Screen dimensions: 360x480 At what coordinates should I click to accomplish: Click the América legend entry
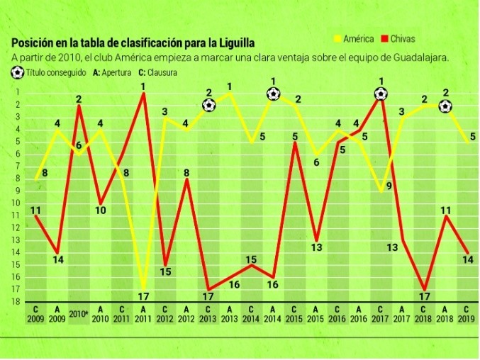(x=354, y=39)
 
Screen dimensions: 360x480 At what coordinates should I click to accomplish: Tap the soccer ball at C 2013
(x=208, y=106)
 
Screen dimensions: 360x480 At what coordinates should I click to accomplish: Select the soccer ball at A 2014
(x=274, y=94)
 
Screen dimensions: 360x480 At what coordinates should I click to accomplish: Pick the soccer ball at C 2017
(x=381, y=94)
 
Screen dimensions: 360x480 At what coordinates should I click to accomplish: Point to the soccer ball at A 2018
(x=445, y=106)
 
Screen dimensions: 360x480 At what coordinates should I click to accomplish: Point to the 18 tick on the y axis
(x=13, y=301)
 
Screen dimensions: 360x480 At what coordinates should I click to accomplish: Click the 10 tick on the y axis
(x=13, y=203)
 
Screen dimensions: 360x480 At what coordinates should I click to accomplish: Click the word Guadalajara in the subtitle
(x=415, y=57)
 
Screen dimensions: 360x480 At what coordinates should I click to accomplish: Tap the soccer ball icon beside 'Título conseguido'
(x=17, y=72)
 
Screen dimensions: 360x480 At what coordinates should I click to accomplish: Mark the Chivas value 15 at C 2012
(x=165, y=271)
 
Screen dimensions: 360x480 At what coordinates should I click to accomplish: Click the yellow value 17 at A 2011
(x=143, y=296)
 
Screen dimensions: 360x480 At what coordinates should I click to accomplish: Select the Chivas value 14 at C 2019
(x=467, y=259)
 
